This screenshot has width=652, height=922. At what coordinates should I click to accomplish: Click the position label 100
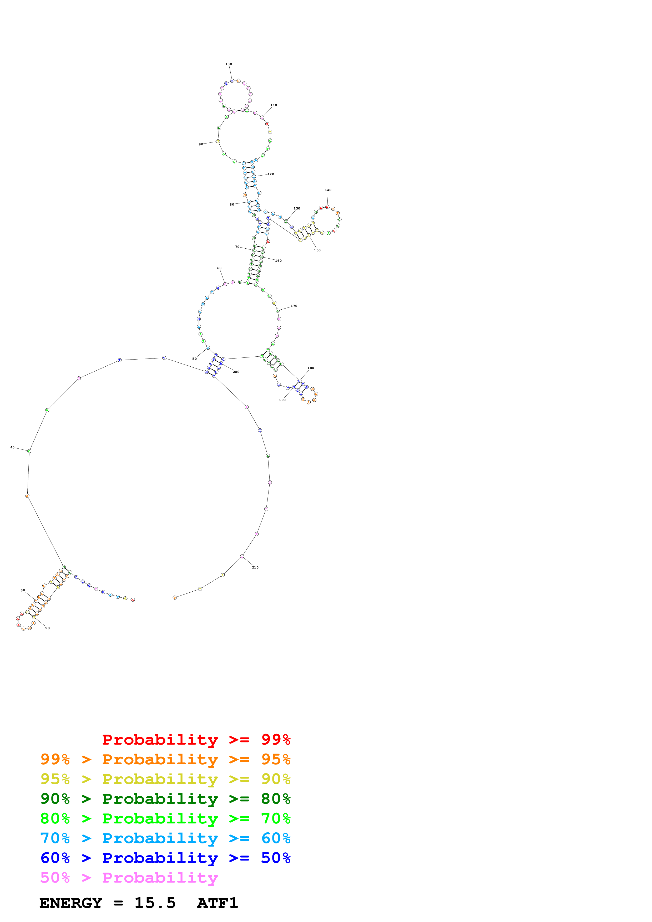point(229,64)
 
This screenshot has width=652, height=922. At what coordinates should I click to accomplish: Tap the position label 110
point(274,105)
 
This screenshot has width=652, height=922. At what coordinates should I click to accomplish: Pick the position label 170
point(294,306)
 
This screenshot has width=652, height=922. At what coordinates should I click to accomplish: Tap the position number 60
point(219,268)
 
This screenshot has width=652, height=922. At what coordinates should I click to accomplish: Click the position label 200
point(236,372)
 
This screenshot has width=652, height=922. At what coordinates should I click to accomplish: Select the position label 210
point(255,567)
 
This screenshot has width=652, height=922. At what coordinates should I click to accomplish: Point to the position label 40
point(12,447)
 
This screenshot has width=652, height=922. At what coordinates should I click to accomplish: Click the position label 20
point(47,628)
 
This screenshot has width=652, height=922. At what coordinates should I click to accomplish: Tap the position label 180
point(311,368)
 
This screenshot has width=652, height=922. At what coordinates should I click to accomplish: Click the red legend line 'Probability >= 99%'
point(196,740)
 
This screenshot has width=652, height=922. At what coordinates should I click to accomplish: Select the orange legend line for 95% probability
point(165,759)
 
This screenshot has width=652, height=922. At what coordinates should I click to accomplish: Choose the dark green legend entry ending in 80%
point(165,799)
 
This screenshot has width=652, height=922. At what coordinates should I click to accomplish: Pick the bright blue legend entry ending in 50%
point(165,858)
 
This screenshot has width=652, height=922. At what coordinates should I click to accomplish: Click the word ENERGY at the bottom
point(71,903)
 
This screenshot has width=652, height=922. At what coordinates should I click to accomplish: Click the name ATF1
point(217,903)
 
